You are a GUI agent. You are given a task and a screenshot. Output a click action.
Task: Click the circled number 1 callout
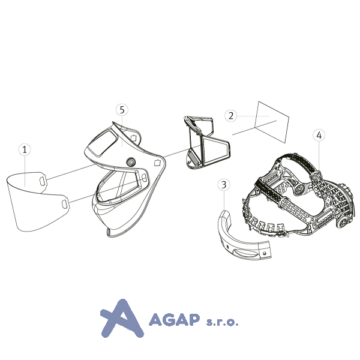point(25,149)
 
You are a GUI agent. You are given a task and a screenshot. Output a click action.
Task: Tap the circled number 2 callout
point(231,115)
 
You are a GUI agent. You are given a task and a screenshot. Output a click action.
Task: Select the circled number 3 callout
point(224,185)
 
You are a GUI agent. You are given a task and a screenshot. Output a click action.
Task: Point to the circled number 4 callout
point(319,135)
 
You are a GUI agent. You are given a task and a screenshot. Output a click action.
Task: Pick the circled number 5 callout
point(122,110)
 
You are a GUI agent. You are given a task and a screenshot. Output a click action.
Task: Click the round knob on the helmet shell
point(131,163)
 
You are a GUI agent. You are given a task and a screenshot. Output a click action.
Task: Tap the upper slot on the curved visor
point(42,181)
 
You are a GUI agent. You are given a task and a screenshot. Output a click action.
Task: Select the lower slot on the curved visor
point(65,204)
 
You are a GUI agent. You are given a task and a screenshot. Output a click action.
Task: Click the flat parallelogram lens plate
point(272,122)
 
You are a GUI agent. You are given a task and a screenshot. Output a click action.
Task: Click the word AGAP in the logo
point(174,319)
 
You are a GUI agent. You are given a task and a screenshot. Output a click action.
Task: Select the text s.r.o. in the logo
point(222,322)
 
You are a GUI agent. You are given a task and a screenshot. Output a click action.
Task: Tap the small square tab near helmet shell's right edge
point(157,163)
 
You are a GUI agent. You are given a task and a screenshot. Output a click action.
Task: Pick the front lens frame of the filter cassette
point(215,152)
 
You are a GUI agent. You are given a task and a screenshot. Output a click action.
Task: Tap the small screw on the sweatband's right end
point(264,253)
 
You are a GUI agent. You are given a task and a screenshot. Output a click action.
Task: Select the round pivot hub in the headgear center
point(299,190)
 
